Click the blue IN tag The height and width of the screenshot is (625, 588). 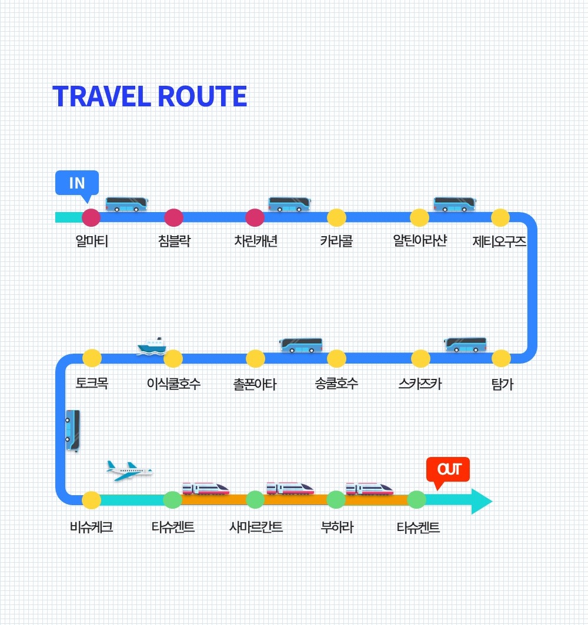[x=77, y=183]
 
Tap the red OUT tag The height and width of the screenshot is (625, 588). [x=448, y=469]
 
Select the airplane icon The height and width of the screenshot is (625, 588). [x=129, y=471]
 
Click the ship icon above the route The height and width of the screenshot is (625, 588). [x=152, y=345]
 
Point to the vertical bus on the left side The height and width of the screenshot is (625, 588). [x=73, y=430]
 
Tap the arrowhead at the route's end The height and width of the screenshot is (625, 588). [x=481, y=500]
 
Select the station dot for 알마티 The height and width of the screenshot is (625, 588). [x=91, y=217]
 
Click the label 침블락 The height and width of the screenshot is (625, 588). [x=174, y=241]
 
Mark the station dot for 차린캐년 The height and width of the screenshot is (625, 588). [x=255, y=217]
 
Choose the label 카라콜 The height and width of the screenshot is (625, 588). [x=336, y=241]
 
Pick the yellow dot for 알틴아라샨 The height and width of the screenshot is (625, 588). [x=419, y=217]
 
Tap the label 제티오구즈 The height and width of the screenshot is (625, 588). [x=499, y=241]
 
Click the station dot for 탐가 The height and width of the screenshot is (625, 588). [x=501, y=358]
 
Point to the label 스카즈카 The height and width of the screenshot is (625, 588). [x=420, y=384]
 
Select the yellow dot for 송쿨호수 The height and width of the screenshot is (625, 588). [x=336, y=358]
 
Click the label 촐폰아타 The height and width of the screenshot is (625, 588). [x=255, y=384]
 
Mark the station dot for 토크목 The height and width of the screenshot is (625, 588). [x=92, y=358]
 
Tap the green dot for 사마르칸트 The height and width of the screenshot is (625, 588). [x=255, y=500]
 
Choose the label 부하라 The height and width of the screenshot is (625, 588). [x=336, y=527]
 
